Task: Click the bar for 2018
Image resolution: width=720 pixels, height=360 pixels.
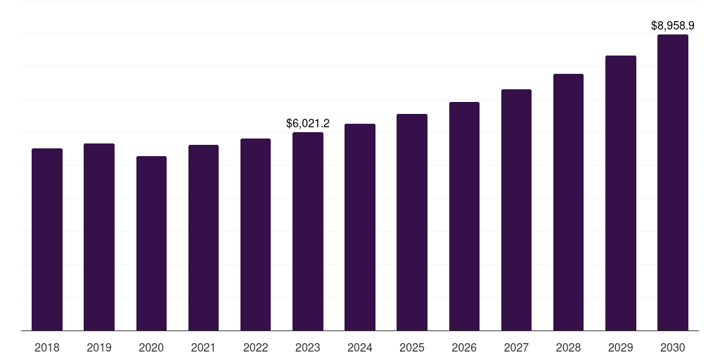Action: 47,239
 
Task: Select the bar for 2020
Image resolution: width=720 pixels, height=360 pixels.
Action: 151,243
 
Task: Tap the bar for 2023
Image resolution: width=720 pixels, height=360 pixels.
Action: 308,231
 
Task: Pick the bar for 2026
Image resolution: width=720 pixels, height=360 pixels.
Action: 464,216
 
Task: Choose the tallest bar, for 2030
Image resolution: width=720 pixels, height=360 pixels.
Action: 673,182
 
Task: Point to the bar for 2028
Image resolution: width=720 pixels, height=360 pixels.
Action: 568,202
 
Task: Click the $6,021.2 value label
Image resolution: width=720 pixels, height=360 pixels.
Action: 308,123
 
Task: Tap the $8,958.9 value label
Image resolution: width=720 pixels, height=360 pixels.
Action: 673,25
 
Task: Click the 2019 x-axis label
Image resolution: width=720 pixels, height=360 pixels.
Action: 99,347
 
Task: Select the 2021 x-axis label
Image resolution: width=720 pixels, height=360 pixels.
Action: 203,347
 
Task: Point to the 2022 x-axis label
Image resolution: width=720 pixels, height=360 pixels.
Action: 255,347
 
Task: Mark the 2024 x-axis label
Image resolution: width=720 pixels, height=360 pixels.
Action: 360,347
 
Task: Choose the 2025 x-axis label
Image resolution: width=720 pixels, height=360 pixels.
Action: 412,347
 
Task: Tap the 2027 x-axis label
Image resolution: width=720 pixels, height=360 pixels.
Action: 516,347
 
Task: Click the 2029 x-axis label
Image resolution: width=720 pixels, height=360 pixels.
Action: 621,347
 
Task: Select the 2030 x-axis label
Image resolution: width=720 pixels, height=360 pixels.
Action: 673,347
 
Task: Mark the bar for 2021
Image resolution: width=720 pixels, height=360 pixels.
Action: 203,238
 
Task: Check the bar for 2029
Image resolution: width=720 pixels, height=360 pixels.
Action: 621,193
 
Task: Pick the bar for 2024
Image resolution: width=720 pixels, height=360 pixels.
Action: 360,227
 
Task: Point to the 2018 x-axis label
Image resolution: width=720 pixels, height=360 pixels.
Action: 47,347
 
